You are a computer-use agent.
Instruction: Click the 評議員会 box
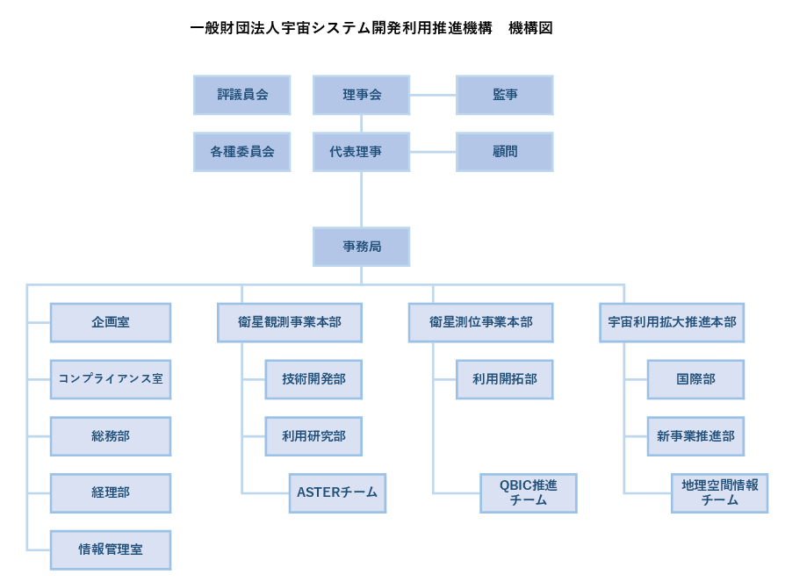241,95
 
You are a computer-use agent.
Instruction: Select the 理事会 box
362,95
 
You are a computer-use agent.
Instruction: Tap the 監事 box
505,95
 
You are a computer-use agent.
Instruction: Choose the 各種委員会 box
241,152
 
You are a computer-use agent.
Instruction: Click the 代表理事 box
362,152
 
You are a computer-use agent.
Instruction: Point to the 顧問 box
505,152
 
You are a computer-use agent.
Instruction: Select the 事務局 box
362,247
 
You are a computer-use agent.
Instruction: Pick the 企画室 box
111,323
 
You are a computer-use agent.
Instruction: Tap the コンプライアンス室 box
111,379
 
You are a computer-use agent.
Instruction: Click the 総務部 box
111,436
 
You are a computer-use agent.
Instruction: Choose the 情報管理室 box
111,550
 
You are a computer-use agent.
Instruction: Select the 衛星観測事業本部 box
290,323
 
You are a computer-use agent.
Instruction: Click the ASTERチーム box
337,493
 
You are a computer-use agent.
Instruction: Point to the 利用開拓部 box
505,379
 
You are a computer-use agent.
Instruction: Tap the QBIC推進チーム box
529,493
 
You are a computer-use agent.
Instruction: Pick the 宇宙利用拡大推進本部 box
672,323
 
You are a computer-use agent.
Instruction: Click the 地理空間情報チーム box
720,493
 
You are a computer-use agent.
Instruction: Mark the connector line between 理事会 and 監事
433,95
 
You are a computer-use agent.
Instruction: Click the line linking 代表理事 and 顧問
433,152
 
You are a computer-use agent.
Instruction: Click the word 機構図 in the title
530,28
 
